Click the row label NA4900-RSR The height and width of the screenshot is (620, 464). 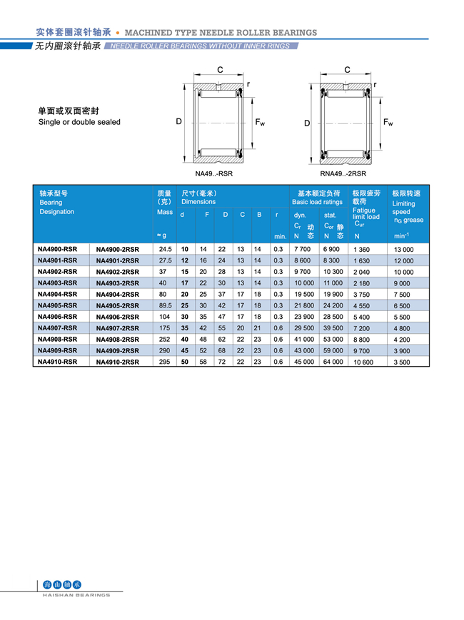click(x=57, y=249)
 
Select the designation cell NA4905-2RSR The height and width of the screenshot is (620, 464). click(x=118, y=305)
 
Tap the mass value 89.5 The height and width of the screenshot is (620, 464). click(x=166, y=305)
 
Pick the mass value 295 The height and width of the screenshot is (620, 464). click(x=166, y=362)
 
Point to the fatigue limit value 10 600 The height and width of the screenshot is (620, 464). click(x=363, y=362)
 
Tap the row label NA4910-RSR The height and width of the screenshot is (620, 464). click(x=57, y=362)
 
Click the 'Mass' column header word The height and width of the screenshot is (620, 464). click(x=165, y=212)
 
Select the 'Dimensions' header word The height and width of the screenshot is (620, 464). click(x=198, y=202)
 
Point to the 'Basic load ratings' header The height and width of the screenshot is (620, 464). click(x=317, y=202)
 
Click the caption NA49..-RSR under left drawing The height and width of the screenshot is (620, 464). click(x=214, y=173)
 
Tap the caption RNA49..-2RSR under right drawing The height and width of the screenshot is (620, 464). click(x=343, y=173)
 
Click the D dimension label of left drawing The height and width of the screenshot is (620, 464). click(x=179, y=122)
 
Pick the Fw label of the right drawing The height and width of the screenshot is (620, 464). click(x=388, y=122)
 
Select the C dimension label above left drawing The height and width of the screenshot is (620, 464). click(x=220, y=69)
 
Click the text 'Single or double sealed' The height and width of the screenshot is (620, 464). click(x=79, y=122)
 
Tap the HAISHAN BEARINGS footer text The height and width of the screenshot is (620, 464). click(x=76, y=594)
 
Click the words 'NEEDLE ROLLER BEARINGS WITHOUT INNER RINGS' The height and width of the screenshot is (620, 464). click(x=201, y=46)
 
